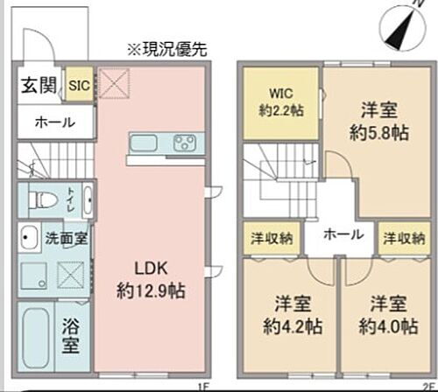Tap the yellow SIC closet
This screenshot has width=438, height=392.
[79, 85]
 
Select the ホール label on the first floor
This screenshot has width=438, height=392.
[54, 123]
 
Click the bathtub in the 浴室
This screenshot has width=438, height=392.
[36, 337]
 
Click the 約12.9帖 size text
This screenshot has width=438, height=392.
[150, 289]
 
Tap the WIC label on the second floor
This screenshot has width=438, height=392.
[279, 93]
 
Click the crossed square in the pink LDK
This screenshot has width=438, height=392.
[115, 85]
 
